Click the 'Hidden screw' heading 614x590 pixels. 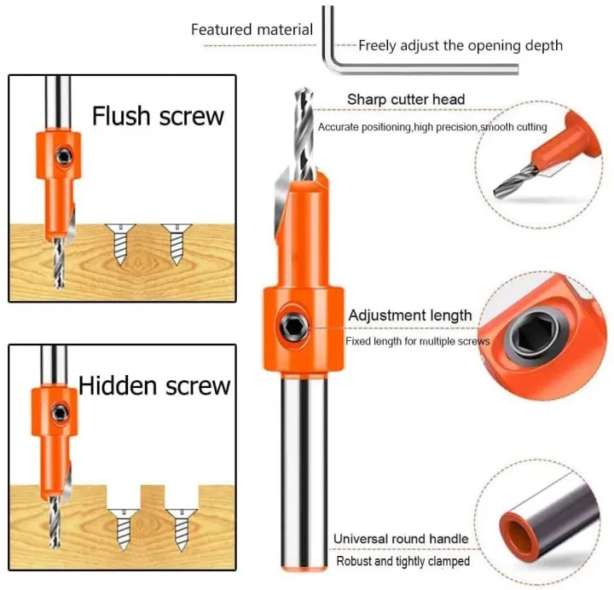coord(154,385)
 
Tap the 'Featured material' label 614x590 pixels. coord(252,29)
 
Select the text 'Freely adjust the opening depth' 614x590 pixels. coord(460,45)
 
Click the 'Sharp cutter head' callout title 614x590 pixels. coord(406,100)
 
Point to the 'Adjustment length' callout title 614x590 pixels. coord(409,315)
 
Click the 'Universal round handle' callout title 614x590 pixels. coord(400,539)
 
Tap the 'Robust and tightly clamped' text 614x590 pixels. coord(403,561)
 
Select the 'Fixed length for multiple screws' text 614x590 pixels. coord(417,341)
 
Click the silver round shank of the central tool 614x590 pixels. coord(304,477)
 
